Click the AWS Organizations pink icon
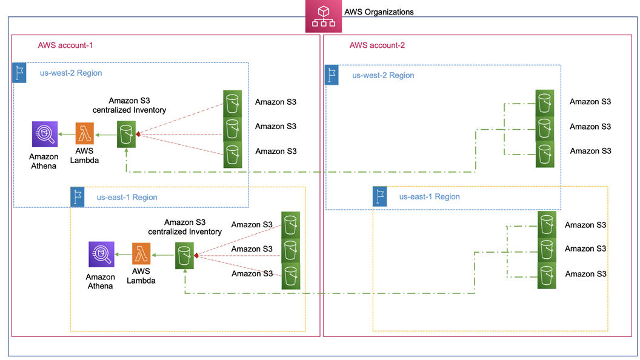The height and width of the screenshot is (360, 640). pos(323,16)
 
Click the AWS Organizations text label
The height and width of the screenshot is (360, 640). pos(378,12)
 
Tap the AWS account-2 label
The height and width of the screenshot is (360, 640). pos(377,45)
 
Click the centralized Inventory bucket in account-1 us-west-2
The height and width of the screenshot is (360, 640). pos(126,135)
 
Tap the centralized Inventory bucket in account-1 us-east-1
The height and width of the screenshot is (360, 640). pos(184,255)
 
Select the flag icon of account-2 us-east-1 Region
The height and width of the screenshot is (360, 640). pos(380,196)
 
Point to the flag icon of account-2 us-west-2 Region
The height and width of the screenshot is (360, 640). pos(333,75)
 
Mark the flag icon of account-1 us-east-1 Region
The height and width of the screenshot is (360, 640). pos(78,197)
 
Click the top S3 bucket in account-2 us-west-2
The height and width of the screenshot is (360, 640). pos(544,102)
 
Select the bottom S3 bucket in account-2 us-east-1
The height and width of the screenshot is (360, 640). pos(547,275)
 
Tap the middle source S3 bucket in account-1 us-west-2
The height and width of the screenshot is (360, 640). pos(232,128)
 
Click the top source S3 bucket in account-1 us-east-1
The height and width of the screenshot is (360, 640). pos(290,224)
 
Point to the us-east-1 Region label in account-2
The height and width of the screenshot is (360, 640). pos(429,196)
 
